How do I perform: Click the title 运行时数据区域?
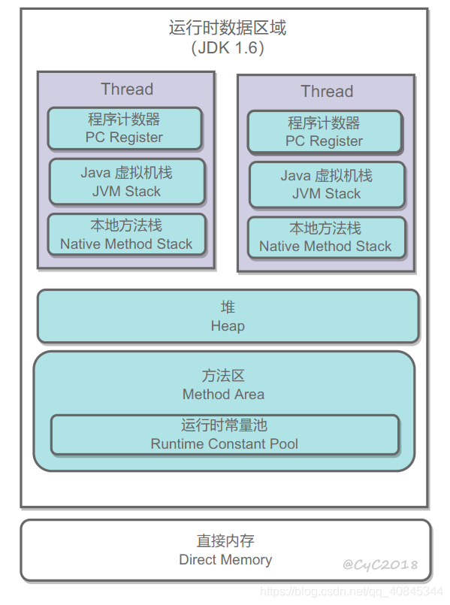[227, 29]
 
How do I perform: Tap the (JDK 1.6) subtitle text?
[227, 49]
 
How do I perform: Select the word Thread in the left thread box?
[127, 89]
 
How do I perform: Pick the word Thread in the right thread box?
[327, 92]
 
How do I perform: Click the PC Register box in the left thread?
[125, 129]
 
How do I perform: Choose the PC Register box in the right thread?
[325, 132]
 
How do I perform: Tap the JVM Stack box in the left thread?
[127, 182]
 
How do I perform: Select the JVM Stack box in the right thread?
[326, 185]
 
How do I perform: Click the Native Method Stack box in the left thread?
[126, 234]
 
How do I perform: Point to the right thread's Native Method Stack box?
[325, 237]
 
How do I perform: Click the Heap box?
[228, 317]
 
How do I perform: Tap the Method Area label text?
[223, 394]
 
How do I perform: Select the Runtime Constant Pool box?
[224, 435]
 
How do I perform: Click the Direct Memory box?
[225, 550]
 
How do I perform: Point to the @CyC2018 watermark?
[380, 564]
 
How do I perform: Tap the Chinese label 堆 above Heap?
[228, 307]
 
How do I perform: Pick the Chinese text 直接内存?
[225, 541]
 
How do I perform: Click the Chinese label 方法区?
[223, 376]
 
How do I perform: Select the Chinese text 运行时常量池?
[224, 426]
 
